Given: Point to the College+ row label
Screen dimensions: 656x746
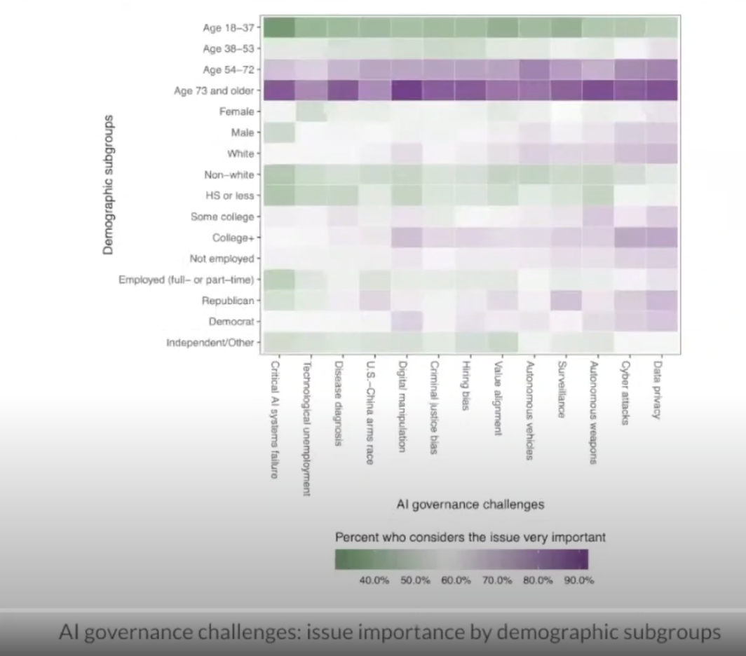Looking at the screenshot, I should (233, 238).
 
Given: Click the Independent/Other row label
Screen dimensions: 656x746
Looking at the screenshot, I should (210, 343).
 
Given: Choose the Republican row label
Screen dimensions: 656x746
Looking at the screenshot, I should (228, 301).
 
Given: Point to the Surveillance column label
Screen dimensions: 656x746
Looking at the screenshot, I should (561, 389).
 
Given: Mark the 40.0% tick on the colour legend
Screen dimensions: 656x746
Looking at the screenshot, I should (374, 580).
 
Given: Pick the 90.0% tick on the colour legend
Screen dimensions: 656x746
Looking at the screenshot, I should (579, 580).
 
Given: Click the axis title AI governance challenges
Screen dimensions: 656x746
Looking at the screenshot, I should (470, 504).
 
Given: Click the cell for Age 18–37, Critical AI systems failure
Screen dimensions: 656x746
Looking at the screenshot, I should (277, 27).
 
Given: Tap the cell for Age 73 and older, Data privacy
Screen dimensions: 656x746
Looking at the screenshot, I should (661, 90).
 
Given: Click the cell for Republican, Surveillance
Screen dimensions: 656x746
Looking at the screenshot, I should (566, 301).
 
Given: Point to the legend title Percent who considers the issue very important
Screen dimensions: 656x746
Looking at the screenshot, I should (470, 538).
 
